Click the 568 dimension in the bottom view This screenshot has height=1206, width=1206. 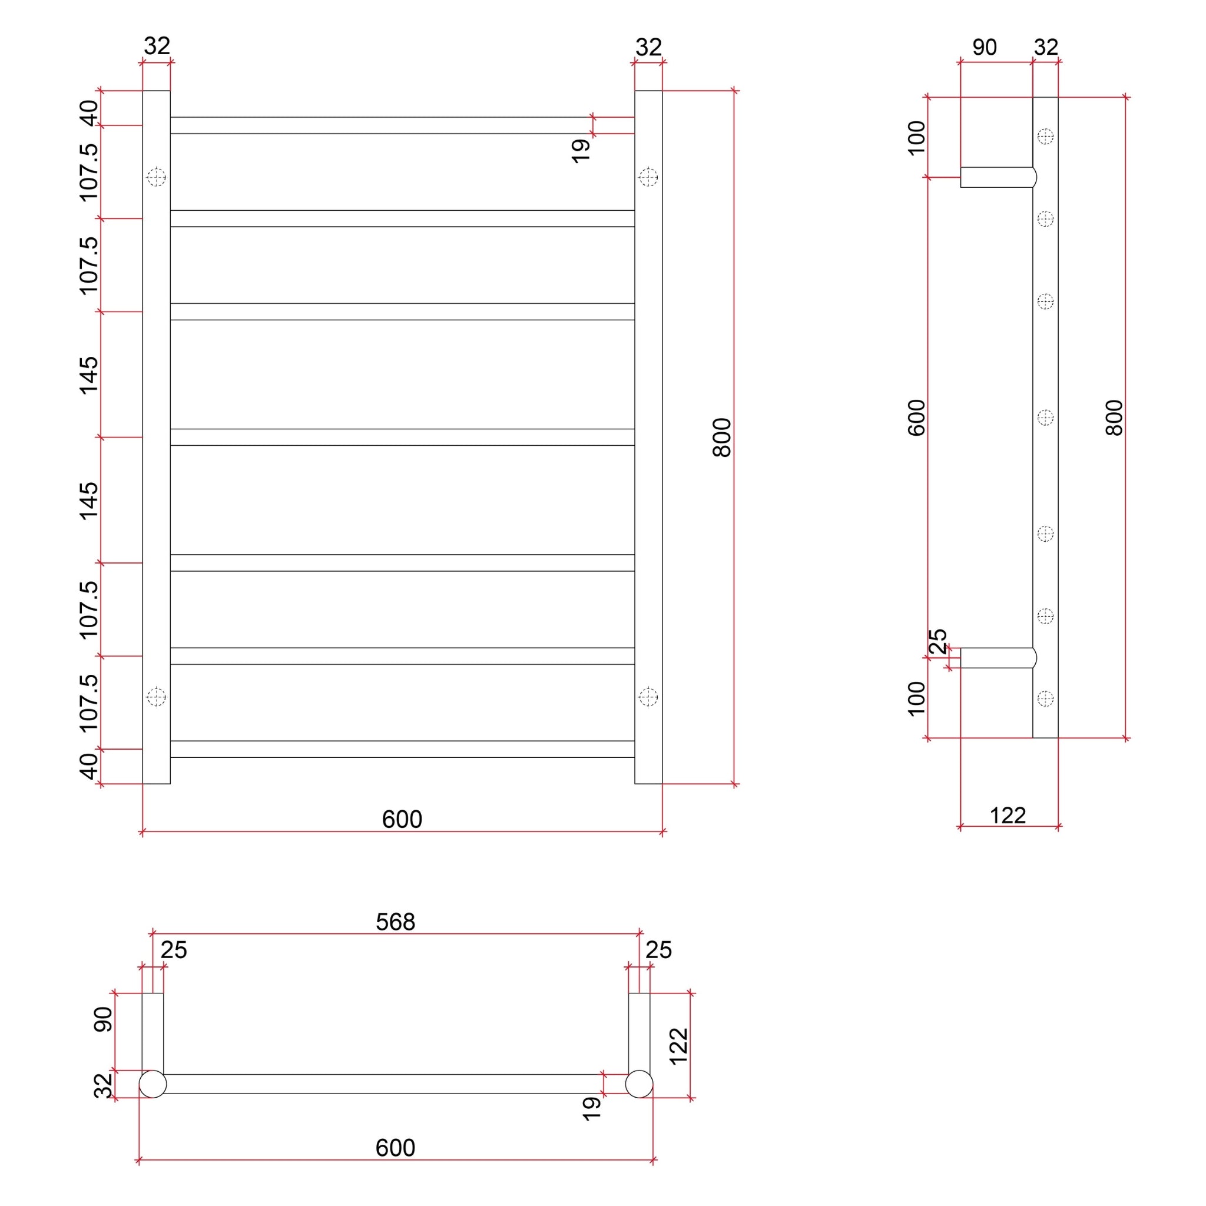tap(395, 922)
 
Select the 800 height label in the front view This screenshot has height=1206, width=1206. tap(721, 438)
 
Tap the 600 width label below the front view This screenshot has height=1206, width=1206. tap(402, 819)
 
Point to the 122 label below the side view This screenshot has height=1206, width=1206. tap(1008, 815)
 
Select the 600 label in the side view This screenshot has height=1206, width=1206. tap(916, 418)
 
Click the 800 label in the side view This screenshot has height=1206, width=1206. tap(1114, 418)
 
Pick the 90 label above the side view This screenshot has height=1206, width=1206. tap(985, 48)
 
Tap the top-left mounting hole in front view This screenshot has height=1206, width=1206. tap(156, 177)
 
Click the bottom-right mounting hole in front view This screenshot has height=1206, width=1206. tap(648, 697)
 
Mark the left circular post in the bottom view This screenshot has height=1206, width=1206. tap(153, 1084)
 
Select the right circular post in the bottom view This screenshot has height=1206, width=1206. tap(639, 1084)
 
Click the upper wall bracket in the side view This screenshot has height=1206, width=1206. tap(998, 177)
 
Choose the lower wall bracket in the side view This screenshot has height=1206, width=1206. tap(998, 658)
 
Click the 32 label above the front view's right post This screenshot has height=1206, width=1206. tap(648, 48)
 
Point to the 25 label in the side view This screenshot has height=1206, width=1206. tap(937, 641)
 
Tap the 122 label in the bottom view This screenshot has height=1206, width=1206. tap(678, 1046)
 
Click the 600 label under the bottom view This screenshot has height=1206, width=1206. tap(395, 1147)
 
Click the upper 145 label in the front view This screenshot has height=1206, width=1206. tap(89, 375)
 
